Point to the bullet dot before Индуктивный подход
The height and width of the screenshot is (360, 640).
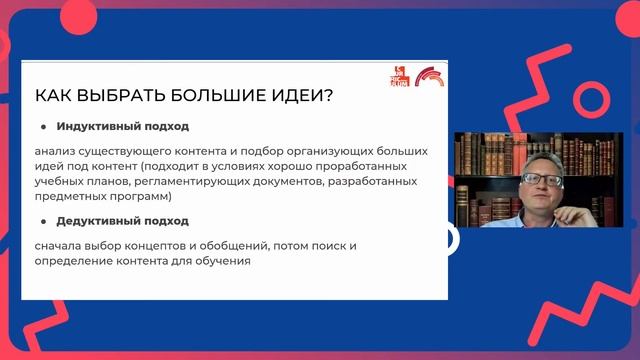44,128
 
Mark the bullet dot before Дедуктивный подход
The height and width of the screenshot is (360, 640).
44,221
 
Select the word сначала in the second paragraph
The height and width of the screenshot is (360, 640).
61,244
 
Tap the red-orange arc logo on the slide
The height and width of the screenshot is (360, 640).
429,77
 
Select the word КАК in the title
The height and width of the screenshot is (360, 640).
54,96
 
